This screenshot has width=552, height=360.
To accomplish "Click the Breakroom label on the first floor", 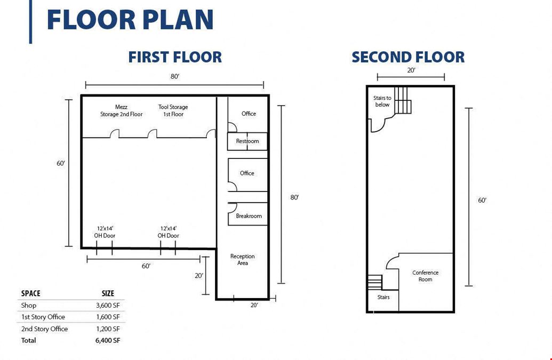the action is (x=249, y=215).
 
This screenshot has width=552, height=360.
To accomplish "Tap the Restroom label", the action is (x=247, y=141).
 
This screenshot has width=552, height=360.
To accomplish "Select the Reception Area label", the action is (x=243, y=259).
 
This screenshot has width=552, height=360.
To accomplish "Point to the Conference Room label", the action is (x=425, y=276).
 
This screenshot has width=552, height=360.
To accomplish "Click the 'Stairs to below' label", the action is (x=382, y=101).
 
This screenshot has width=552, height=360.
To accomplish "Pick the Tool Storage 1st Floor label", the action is (x=173, y=110).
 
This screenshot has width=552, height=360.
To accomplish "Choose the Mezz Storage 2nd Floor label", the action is (x=122, y=110).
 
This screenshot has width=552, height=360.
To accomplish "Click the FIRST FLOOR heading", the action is (x=175, y=57).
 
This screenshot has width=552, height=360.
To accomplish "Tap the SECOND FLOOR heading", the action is (x=408, y=57).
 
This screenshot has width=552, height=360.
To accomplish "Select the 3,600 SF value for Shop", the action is (x=108, y=306).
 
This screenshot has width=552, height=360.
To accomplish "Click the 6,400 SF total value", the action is (x=108, y=340).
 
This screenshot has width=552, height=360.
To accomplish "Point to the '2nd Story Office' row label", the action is (x=44, y=329).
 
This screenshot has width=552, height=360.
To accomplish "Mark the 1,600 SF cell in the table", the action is (x=108, y=317).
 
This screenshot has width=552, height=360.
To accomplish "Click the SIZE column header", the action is (x=108, y=293).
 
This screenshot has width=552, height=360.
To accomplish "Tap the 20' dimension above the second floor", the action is (x=411, y=70).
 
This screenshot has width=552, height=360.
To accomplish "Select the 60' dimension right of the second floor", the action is (x=482, y=200).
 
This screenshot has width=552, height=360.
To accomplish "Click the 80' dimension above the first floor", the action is (x=175, y=76).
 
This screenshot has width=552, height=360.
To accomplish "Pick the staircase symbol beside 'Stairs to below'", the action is (x=403, y=100).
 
